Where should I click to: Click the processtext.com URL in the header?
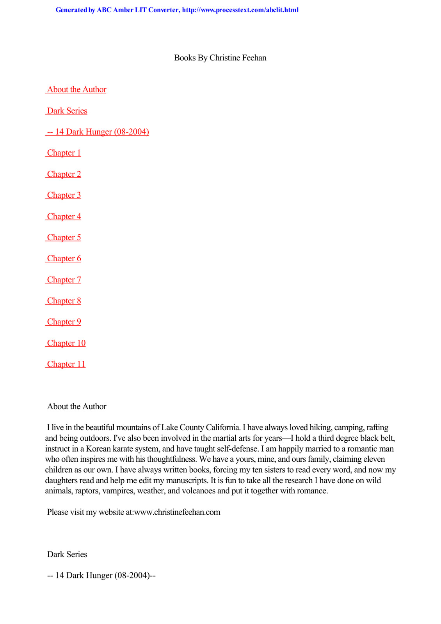point(240,10)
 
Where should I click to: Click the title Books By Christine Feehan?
point(220,58)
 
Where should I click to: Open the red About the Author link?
point(76,90)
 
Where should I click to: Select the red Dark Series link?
point(67,111)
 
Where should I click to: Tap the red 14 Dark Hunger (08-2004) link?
point(98,132)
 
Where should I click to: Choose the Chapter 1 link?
point(64,153)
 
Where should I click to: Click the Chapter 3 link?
point(64,195)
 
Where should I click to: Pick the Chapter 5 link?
point(64,238)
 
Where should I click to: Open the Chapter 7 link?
point(64,280)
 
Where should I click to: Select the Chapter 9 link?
point(64,322)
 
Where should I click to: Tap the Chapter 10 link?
point(66,343)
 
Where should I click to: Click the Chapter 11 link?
point(66,364)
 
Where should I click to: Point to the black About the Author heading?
point(76,406)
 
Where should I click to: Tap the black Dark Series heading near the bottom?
point(67,554)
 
